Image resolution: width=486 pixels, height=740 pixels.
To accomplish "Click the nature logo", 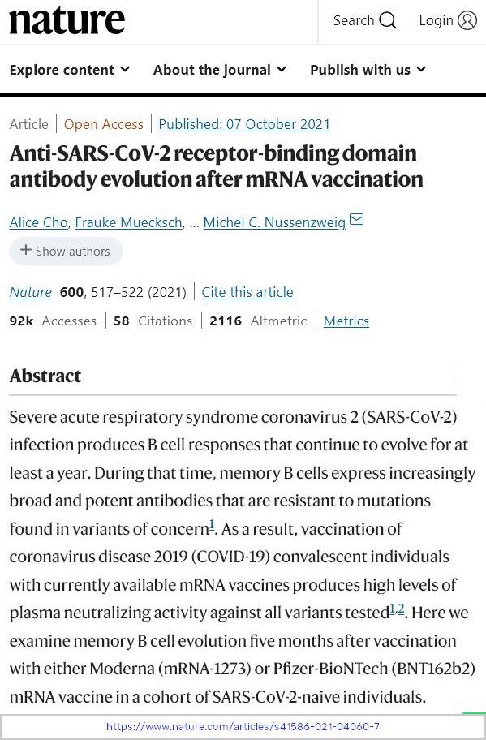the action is tap(67, 21).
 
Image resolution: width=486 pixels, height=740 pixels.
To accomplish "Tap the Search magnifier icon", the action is tap(388, 21).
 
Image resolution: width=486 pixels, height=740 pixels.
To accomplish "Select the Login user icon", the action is tap(467, 21).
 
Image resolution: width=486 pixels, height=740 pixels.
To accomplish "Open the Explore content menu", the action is tap(70, 70).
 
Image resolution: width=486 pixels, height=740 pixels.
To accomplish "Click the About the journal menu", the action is tap(220, 70).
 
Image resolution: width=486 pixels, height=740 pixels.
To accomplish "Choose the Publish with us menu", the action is tap(368, 70).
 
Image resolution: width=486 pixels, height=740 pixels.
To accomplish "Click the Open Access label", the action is tap(103, 124).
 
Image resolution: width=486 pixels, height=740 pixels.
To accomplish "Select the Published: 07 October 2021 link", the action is tap(244, 124).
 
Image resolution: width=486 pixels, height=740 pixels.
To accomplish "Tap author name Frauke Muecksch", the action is tap(128, 222).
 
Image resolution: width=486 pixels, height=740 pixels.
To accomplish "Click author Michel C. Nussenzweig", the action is tap(274, 222).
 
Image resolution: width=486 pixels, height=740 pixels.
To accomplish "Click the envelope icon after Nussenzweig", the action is tap(356, 220).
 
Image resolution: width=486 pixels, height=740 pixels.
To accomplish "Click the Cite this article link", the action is tap(247, 292).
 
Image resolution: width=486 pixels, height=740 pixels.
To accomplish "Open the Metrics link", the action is tap(346, 321).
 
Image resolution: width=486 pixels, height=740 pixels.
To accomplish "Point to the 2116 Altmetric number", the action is tap(226, 321).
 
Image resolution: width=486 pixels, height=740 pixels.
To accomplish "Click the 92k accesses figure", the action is tap(21, 321).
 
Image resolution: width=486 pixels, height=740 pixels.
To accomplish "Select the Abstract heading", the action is tap(45, 376).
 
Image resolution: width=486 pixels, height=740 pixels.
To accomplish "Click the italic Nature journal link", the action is tap(31, 292).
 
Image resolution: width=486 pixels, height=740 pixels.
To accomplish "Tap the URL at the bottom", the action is tap(243, 726).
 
